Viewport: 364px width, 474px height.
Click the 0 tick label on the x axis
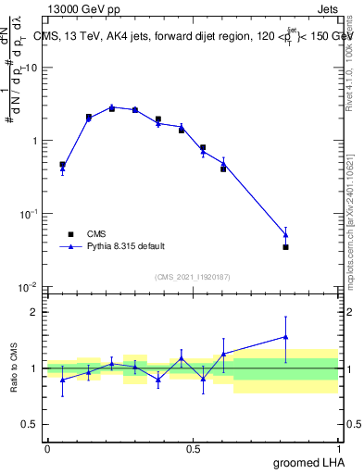coord(47,448)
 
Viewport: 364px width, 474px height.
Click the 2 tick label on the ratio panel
coord(35,312)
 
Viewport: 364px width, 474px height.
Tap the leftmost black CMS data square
coord(62,165)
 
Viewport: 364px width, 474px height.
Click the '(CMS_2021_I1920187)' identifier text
coord(192,277)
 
